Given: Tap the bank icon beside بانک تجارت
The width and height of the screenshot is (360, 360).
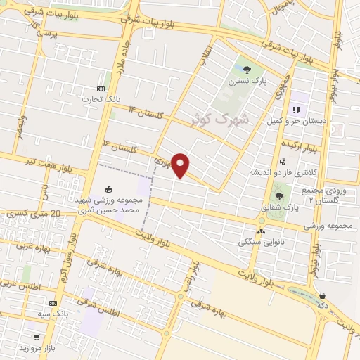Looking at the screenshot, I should (x=100, y=89).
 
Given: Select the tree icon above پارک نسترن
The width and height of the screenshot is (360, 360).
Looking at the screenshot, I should (x=247, y=69).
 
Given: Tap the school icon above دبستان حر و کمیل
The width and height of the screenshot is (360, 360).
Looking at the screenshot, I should (x=296, y=110).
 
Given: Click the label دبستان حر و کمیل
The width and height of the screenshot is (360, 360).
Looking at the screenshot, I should (x=295, y=121).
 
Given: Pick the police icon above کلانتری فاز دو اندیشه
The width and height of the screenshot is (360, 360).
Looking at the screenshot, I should (x=283, y=162).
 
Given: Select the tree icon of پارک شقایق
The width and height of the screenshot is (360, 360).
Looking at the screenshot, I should (x=280, y=197).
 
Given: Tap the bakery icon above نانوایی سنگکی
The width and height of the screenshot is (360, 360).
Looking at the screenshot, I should (x=262, y=231).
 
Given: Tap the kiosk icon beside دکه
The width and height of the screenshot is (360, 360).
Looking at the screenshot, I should (x=322, y=296).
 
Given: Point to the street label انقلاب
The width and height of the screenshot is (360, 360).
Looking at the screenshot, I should (x=205, y=60).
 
